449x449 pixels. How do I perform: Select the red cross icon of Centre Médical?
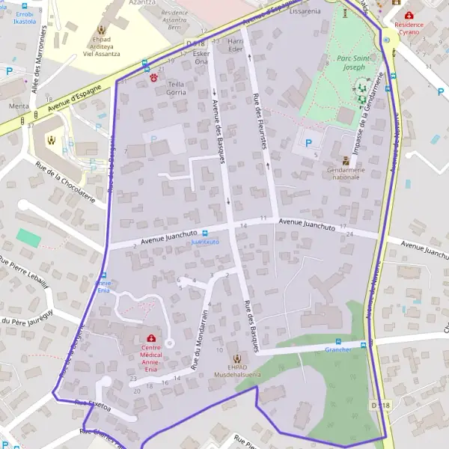[x=152, y=337]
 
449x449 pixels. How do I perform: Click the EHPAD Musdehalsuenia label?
[x=239, y=372]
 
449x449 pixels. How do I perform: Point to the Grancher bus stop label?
[x=338, y=349]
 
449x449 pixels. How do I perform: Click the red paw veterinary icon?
[x=155, y=76]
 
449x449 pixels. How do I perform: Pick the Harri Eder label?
[x=236, y=44]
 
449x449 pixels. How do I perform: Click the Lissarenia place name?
[x=305, y=12]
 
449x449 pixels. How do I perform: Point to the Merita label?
[x=19, y=106]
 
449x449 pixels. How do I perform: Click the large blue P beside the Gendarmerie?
[x=308, y=143]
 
